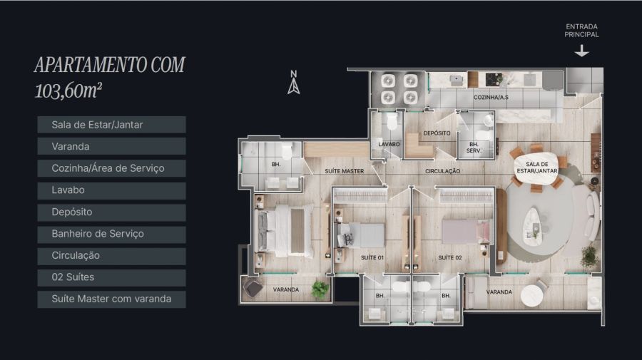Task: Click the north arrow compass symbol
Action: tap(294, 82)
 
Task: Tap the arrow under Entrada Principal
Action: tap(581, 51)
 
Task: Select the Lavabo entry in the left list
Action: tap(111, 190)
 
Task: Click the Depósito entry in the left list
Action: tap(111, 212)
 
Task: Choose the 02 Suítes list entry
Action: tap(111, 277)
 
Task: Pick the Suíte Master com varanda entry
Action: tap(111, 299)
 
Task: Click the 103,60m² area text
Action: tap(68, 91)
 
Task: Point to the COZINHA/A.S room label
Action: tap(491, 98)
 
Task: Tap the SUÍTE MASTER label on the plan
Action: tap(345, 171)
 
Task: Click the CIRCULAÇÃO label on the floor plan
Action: tap(442, 171)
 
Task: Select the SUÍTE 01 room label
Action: tap(372, 258)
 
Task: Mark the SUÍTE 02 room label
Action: tap(450, 258)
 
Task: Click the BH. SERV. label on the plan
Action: tap(474, 148)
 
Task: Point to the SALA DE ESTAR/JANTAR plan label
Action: tap(536, 168)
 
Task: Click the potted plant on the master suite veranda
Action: tap(320, 289)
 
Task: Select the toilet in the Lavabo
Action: tap(392, 121)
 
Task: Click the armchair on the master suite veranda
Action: tap(253, 287)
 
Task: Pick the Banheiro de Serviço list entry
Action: tap(111, 234)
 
